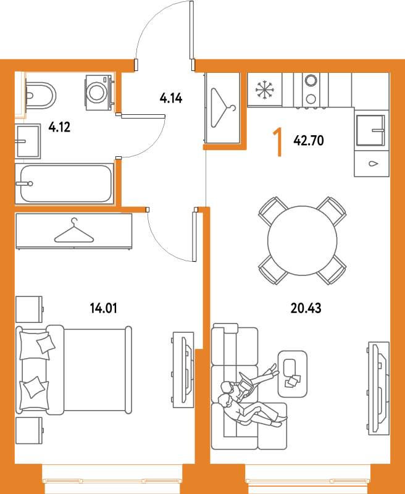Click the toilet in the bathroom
(x=40, y=96)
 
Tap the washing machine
(x=98, y=92)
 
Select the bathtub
(x=65, y=183)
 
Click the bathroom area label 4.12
(x=59, y=127)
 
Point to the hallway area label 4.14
(x=170, y=98)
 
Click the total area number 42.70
(x=309, y=141)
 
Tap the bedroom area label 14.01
(x=103, y=308)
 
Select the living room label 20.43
(x=306, y=308)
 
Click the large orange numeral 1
(x=277, y=142)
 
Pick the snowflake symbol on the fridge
(x=264, y=90)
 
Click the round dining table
(x=303, y=241)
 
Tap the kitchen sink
(x=370, y=130)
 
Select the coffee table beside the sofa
(x=292, y=374)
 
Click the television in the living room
(x=379, y=388)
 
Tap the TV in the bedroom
(x=183, y=370)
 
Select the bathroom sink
(x=28, y=141)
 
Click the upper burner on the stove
(x=311, y=80)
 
